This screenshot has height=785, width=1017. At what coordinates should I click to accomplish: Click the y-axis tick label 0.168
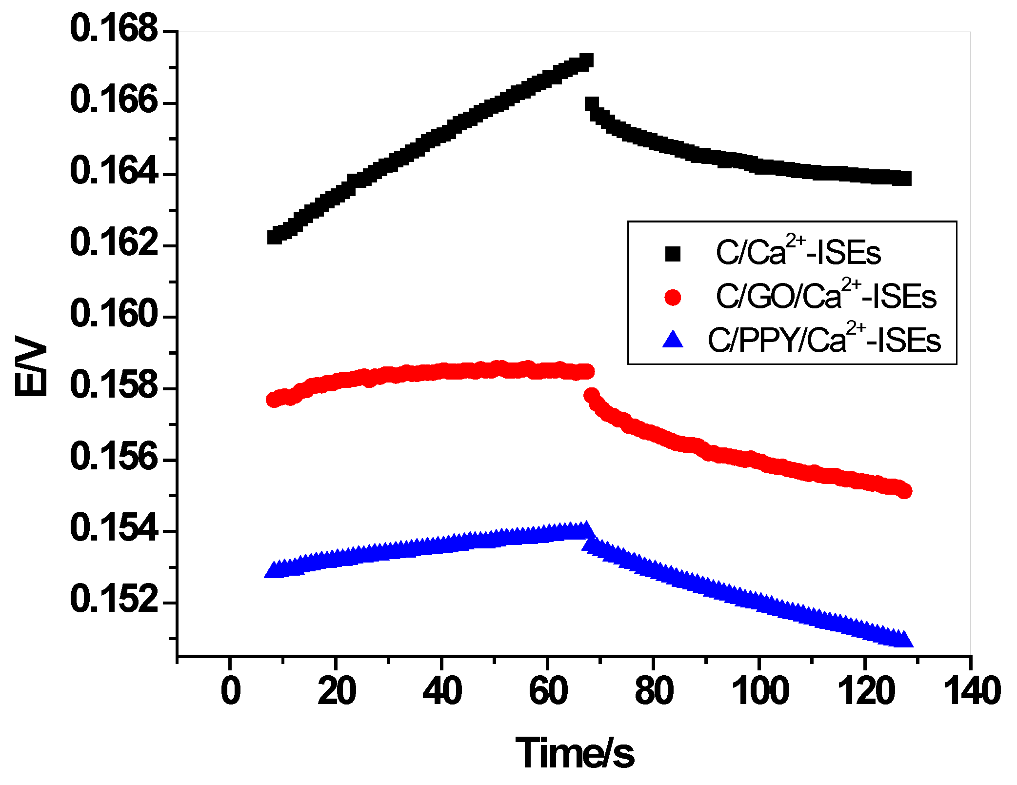click(x=114, y=29)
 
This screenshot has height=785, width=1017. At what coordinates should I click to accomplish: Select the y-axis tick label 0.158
click(x=114, y=385)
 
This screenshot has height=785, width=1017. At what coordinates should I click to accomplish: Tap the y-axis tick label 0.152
click(x=114, y=600)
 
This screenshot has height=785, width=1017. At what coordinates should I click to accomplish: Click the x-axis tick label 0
click(x=230, y=691)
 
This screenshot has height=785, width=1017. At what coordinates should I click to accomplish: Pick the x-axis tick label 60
click(x=548, y=691)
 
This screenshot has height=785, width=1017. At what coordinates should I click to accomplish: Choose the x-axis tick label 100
click(x=760, y=691)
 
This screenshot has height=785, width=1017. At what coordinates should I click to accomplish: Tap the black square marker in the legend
click(x=673, y=254)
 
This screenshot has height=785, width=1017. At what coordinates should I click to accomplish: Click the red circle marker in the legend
click(x=673, y=297)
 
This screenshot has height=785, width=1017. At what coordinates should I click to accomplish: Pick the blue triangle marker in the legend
click(x=673, y=340)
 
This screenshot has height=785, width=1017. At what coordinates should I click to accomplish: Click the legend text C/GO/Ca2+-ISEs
click(x=825, y=296)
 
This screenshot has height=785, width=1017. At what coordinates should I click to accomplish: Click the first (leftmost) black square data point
click(x=275, y=237)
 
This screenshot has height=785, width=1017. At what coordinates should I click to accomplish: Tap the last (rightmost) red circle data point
click(x=904, y=491)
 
